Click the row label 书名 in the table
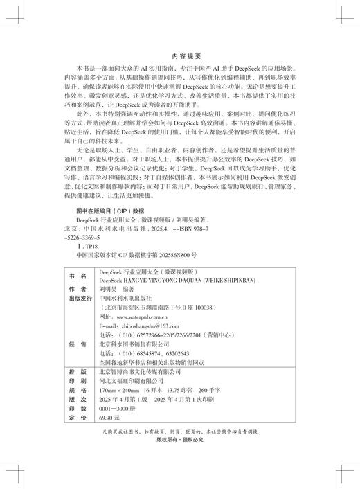pyautogui.click(x=75, y=273)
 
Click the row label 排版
pyautogui.click(x=75, y=371)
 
